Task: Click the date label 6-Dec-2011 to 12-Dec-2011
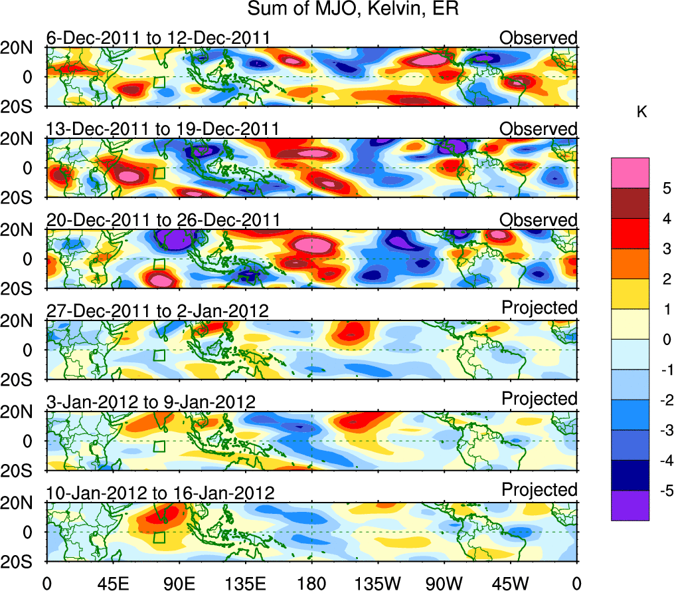click(x=158, y=37)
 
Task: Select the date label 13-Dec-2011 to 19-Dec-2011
click(x=163, y=128)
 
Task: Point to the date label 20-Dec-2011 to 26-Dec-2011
click(x=163, y=219)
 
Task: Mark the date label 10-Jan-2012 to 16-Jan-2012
click(x=160, y=493)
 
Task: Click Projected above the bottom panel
click(x=539, y=490)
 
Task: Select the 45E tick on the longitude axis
click(x=112, y=583)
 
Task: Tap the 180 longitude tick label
click(x=311, y=583)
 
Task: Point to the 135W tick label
click(x=378, y=583)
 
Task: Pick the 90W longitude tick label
click(x=444, y=583)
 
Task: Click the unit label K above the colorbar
click(x=641, y=112)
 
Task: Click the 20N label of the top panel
click(x=21, y=47)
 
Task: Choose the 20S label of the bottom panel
click(x=21, y=562)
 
